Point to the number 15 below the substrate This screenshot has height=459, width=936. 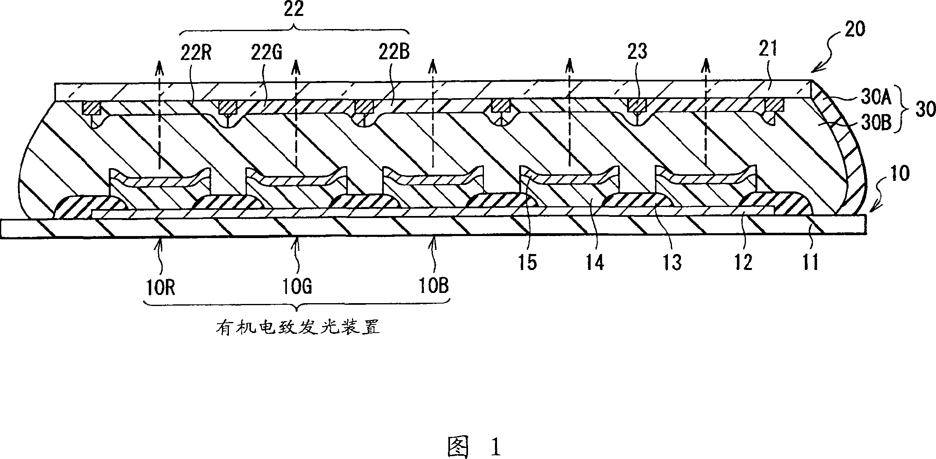click(x=527, y=262)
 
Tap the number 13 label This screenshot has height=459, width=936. click(x=672, y=262)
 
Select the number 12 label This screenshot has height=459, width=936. click(x=743, y=262)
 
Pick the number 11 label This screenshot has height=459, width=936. click(x=811, y=262)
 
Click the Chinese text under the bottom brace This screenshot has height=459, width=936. click(x=298, y=327)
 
